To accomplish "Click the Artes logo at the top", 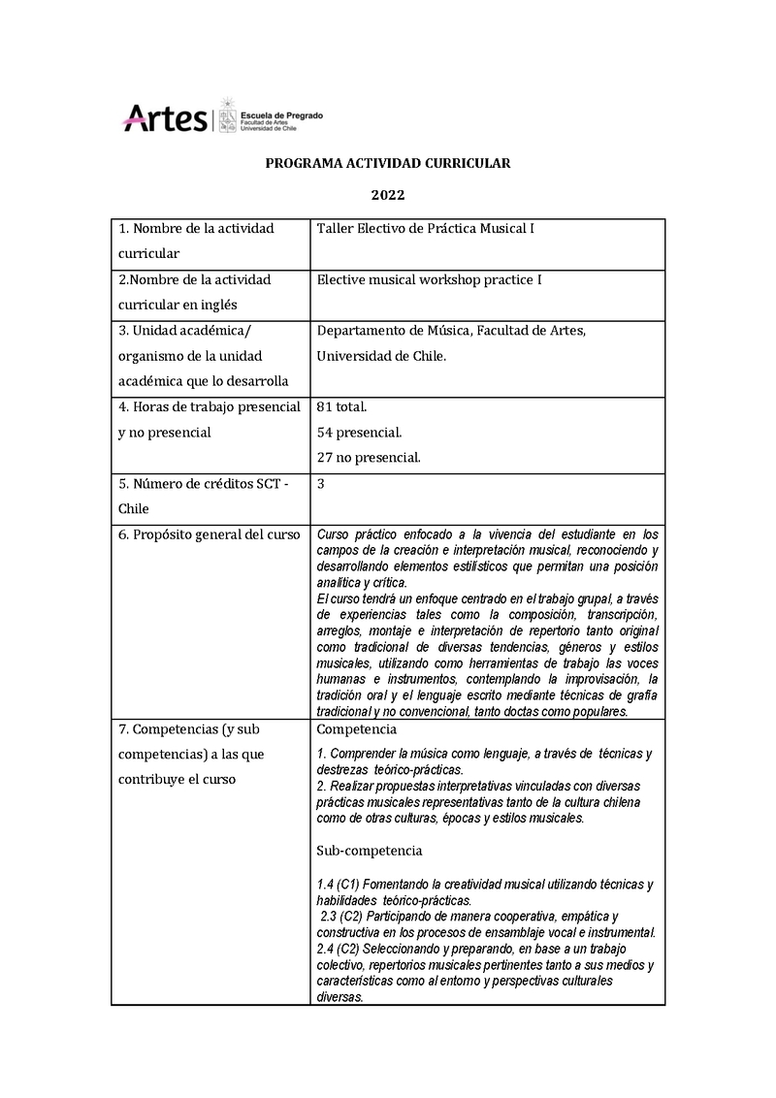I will (164, 119).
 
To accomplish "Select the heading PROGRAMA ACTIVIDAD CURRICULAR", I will (388, 164).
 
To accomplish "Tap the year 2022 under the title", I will (388, 195).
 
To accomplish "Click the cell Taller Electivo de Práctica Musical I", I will (426, 229).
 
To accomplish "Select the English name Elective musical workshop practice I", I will (429, 280).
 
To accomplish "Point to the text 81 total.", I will (341, 407).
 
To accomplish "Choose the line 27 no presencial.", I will (369, 458).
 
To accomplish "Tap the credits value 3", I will (321, 483).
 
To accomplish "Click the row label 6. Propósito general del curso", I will (210, 534).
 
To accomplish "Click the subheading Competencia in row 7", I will (356, 729).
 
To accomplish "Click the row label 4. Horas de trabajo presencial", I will (210, 407).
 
